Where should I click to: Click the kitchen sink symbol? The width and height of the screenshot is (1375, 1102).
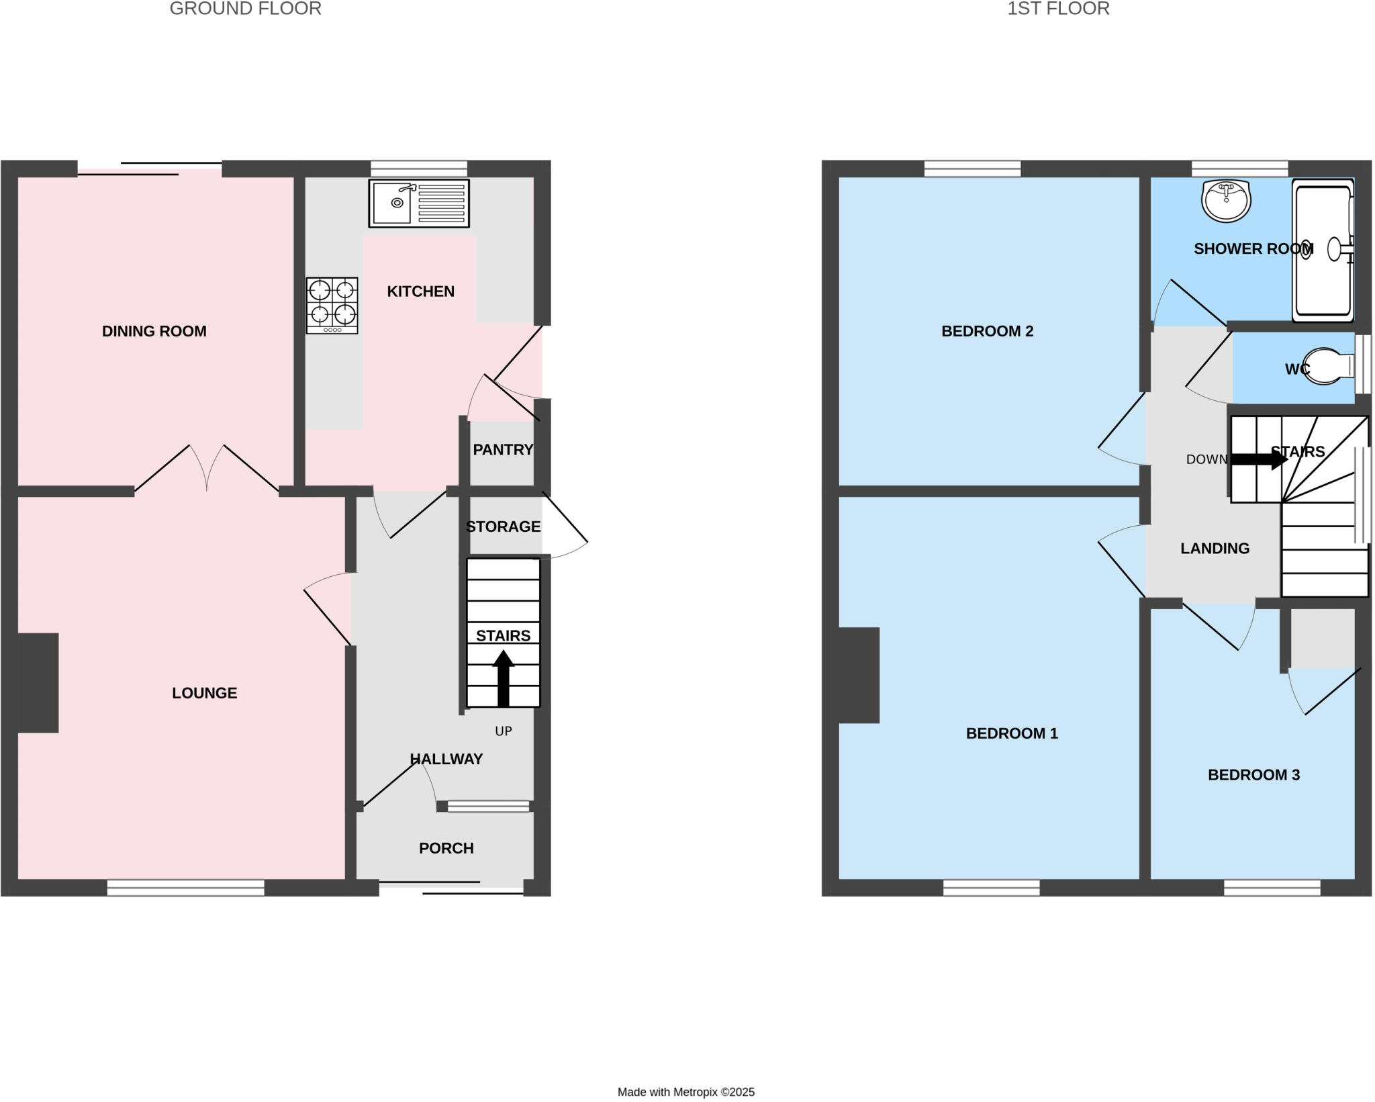coord(418,203)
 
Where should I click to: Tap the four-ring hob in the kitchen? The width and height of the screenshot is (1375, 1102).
coord(332,305)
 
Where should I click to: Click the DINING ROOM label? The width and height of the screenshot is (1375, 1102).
coord(154,331)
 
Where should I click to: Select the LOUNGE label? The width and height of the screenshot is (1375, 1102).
coord(204,693)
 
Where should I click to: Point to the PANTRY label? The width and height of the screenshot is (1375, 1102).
coord(502,450)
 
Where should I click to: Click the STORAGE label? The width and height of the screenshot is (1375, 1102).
coord(503,526)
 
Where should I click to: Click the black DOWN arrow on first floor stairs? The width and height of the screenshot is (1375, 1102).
coord(1258,459)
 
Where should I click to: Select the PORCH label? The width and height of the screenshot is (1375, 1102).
coord(446,848)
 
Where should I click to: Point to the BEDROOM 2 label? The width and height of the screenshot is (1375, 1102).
coord(987,331)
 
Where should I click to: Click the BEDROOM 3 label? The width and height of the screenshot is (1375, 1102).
coord(1253,775)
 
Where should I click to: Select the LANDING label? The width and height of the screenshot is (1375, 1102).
coord(1215,549)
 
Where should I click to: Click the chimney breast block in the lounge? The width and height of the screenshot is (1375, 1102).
coord(38,682)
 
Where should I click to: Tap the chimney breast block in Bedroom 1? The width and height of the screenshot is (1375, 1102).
coord(859,675)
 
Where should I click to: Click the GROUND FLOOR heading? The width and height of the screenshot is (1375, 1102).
coord(245,9)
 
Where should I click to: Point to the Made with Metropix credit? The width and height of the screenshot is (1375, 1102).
coord(685,1092)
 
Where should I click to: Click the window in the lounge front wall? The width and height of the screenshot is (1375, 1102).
coord(185,888)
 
